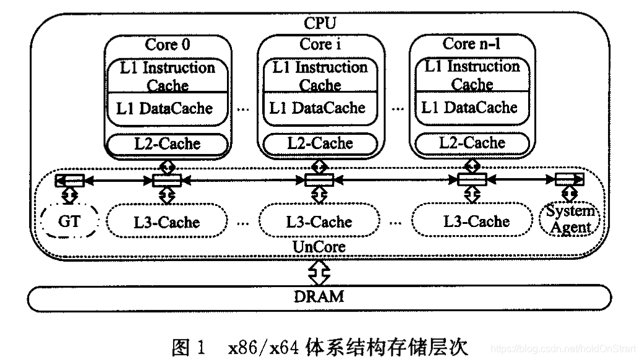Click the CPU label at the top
320,24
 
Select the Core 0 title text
167,45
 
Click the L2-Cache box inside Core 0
167,144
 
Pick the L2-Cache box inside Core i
320,144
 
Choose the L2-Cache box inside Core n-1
472,143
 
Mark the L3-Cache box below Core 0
167,221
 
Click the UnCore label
319,247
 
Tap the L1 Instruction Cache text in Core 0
167,75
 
